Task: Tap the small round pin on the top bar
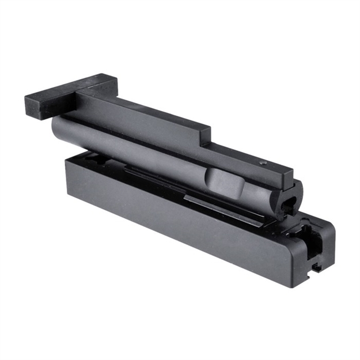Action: click(x=263, y=163)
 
